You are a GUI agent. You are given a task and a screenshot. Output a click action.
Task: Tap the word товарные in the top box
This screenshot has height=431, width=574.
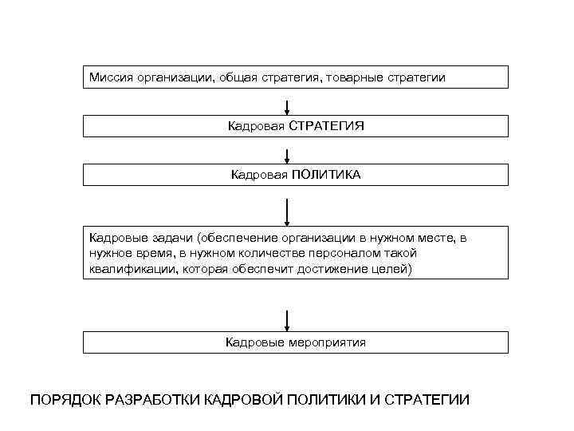[357, 77]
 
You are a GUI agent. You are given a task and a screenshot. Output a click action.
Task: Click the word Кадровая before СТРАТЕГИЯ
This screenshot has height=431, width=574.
[255, 126]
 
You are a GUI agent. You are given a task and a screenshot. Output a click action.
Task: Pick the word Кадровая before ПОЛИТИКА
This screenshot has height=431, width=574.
[258, 175]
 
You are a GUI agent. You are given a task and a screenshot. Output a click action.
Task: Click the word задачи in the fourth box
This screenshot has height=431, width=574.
[171, 237]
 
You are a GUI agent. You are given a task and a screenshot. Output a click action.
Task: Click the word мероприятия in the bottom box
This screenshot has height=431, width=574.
[328, 342]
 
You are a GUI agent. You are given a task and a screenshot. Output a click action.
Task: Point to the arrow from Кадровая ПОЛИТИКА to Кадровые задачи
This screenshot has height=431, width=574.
[287, 212]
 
